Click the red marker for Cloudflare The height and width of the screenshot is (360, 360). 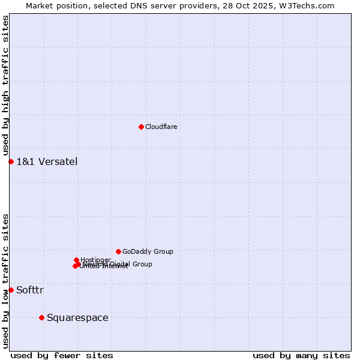tap(141, 127)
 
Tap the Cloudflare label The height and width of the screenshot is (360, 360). tap(161, 127)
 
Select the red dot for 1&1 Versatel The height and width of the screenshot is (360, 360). tap(11, 161)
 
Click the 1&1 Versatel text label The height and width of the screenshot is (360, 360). tap(47, 161)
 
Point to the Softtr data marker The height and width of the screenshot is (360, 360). tap(11, 290)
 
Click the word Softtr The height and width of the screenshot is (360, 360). tap(30, 290)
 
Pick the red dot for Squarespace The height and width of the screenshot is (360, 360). tap(41, 317)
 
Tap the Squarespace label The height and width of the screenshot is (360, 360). tap(77, 317)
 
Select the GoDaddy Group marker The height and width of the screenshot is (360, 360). tap(118, 251)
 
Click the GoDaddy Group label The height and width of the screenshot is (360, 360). tap(148, 251)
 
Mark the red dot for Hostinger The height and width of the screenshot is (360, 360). tap(76, 260)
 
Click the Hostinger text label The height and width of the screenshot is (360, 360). tap(95, 260)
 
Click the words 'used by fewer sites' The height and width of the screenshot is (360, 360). tap(62, 355)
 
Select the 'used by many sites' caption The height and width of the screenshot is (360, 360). tap(301, 355)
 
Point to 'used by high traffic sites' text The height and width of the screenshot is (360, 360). tap(6, 86)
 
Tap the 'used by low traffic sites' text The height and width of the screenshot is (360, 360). tap(6, 281)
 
